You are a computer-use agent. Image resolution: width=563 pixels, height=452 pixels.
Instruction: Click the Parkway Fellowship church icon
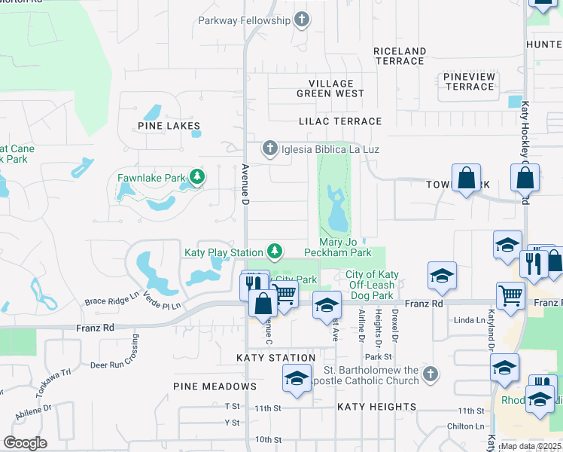tap(302, 20)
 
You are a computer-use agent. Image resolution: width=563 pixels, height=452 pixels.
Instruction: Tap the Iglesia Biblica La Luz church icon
tap(270, 149)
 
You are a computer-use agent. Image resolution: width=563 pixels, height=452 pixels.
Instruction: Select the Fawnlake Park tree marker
tap(197, 179)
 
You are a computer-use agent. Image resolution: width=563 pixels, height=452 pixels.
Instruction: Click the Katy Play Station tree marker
tap(275, 251)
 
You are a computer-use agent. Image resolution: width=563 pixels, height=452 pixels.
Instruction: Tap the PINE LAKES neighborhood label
tap(169, 126)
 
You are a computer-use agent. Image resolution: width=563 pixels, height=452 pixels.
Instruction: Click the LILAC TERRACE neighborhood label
tap(340, 121)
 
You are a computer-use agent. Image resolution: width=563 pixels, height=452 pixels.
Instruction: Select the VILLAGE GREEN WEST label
tap(330, 89)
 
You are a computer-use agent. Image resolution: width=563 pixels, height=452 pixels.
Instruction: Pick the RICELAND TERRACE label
tap(400, 56)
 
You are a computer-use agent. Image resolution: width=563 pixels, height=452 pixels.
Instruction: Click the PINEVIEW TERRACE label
tap(469, 82)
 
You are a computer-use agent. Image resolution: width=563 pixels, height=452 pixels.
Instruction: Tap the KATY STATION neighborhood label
tap(275, 358)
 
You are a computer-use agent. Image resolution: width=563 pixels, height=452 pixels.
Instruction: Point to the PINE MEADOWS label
tap(215, 386)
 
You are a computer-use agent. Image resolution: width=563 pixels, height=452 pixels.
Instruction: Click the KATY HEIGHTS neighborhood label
tap(376, 407)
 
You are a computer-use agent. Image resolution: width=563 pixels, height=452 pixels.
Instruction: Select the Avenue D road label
tap(245, 185)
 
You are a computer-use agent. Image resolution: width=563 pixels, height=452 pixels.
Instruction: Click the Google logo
tap(25, 443)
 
